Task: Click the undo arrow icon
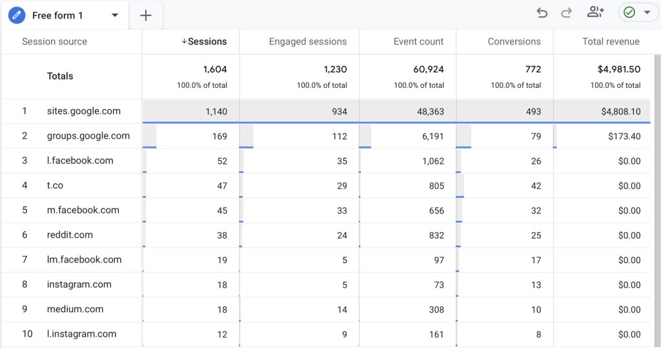point(542,13)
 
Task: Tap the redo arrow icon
point(567,13)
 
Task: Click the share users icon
point(595,12)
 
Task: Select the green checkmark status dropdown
point(635,12)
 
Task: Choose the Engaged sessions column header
point(308,41)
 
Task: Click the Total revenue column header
point(611,41)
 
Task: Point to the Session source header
point(54,41)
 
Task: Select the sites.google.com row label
point(84,111)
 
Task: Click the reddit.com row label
point(70,235)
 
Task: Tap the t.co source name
point(55,185)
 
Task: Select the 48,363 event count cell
point(428,112)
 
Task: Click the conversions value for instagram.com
point(536,285)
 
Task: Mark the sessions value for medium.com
point(222,310)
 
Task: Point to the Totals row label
point(60,76)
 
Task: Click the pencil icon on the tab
point(17,15)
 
